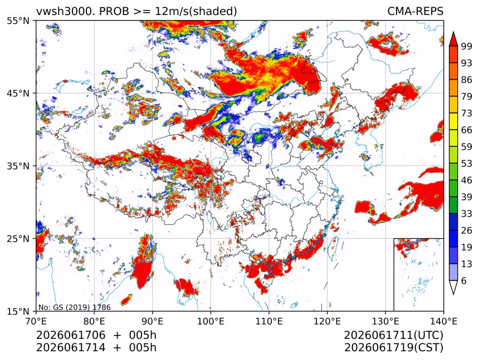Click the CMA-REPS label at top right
coord(415,11)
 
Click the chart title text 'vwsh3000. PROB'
coord(82,12)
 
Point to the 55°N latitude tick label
coord(18,21)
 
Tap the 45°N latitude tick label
coord(18,93)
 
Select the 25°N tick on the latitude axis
coord(18,238)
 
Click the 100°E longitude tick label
coord(211,321)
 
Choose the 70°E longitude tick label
coord(36,321)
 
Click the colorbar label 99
coord(467,46)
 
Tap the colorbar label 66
coord(467,130)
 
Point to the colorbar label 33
coord(467,214)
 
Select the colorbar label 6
coord(464,280)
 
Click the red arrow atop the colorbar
coord(453,39)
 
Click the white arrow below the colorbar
coord(453,288)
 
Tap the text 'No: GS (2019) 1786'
coord(75,307)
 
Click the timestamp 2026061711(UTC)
coord(393,335)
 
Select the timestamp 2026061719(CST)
coord(393,348)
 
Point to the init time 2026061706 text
coord(71,335)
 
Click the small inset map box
coord(418,274)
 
